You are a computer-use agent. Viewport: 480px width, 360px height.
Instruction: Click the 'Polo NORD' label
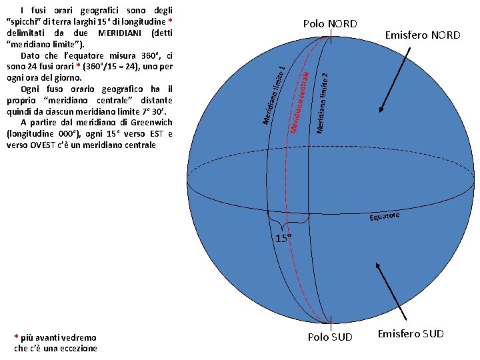330,24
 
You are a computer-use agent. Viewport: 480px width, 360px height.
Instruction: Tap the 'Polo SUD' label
330,337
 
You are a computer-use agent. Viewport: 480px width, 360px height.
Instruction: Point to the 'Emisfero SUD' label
410,333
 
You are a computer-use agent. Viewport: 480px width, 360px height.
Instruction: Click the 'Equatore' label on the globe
385,217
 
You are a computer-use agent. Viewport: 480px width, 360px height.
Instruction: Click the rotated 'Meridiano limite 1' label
275,94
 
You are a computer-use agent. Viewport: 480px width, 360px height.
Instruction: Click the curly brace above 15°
287,219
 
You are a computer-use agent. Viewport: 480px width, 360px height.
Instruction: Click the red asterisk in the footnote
16,338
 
